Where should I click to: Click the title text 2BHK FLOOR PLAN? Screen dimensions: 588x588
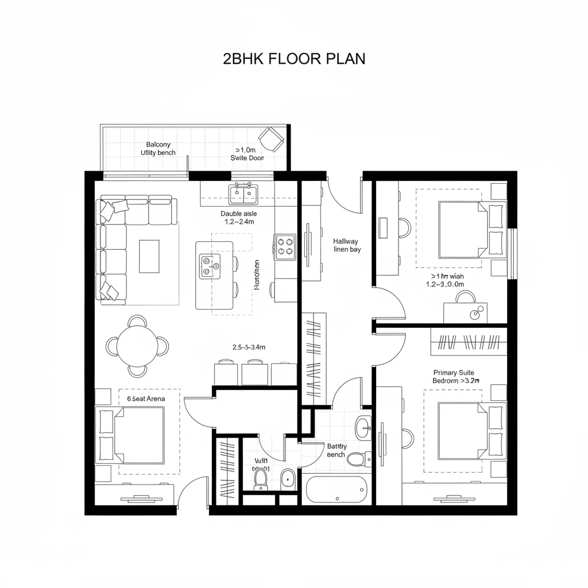(x=293, y=59)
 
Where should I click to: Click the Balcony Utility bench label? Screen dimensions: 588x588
(x=158, y=149)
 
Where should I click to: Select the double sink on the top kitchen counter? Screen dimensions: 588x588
(x=243, y=194)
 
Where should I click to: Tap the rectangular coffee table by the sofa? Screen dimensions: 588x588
(x=149, y=256)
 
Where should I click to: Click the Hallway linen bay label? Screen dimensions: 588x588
(x=346, y=246)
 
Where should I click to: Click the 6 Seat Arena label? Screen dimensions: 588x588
(x=141, y=399)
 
